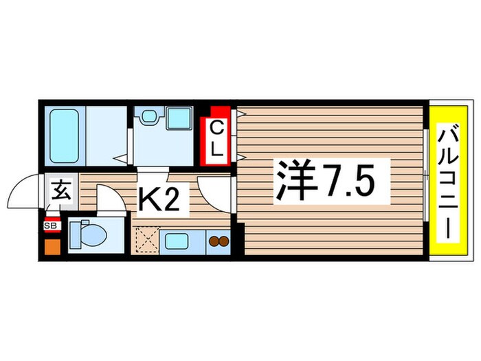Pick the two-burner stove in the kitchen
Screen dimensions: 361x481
pyautogui.click(x=219, y=241)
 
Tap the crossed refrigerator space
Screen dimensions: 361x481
pyautogui.click(x=147, y=241)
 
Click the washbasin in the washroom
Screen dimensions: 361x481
pyautogui.click(x=148, y=117)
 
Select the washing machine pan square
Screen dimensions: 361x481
pyautogui.click(x=179, y=118)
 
